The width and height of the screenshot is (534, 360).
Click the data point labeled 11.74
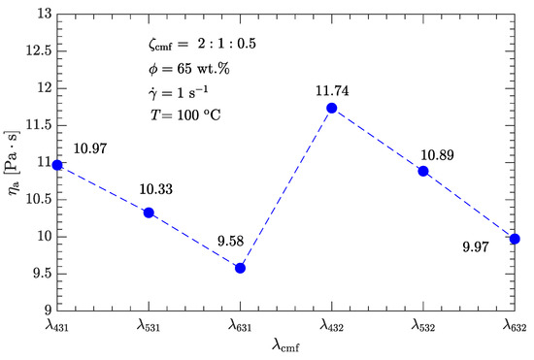pos(332,108)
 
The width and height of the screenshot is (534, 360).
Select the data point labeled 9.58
pos(241,268)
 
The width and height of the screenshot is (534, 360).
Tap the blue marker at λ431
pos(57,165)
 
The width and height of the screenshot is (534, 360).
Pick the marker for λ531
pos(149,213)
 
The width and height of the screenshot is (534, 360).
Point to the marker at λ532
pos(423,171)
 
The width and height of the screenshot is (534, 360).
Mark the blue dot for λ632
pos(515,239)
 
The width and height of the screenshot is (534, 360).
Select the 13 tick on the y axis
pos(42,14)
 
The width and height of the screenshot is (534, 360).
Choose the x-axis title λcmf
pos(285,347)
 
